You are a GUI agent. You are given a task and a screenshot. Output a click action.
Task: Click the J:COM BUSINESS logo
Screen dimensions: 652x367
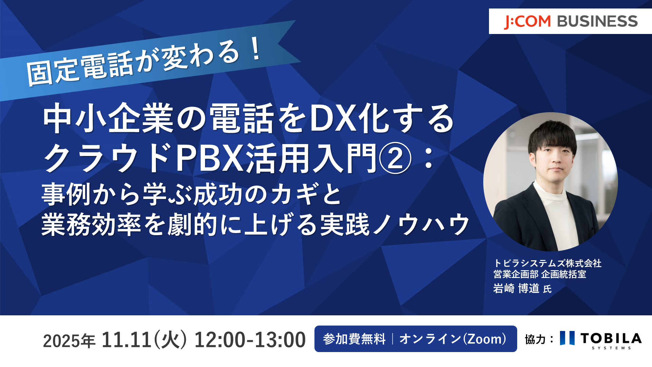click(571, 21)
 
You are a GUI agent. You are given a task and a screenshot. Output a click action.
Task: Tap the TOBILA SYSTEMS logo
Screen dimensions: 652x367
click(601, 340)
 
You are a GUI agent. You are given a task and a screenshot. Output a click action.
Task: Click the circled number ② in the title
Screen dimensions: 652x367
click(395, 158)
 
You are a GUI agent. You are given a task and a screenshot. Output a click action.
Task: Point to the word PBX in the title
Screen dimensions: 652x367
click(210, 158)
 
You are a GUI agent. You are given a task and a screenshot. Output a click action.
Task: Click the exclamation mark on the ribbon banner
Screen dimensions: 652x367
click(256, 49)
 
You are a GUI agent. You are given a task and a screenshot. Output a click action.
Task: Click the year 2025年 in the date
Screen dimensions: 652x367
click(69, 340)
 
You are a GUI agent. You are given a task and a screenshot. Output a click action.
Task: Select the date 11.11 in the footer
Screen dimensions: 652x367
click(126, 339)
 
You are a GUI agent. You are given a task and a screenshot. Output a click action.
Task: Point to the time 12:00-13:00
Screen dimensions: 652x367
click(250, 339)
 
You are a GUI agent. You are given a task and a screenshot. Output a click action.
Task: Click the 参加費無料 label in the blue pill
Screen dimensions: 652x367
click(354, 339)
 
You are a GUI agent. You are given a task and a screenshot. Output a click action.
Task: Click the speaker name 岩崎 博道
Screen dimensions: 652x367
click(516, 289)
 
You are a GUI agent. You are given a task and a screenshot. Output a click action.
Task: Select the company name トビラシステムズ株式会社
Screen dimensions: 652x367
click(547, 263)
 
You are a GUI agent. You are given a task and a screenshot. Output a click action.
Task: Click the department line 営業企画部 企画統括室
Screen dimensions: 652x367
click(540, 274)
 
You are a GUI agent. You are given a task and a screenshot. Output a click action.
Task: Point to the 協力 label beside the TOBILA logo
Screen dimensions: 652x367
click(535, 339)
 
